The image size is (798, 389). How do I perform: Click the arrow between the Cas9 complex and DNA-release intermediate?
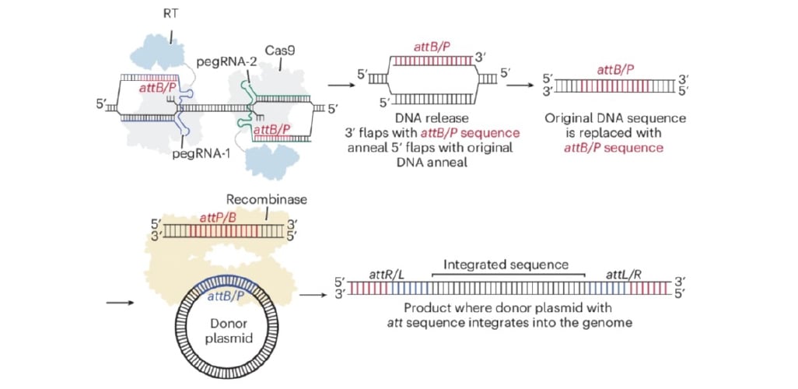(x=340, y=86)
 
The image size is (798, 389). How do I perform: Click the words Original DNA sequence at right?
(x=614, y=117)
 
